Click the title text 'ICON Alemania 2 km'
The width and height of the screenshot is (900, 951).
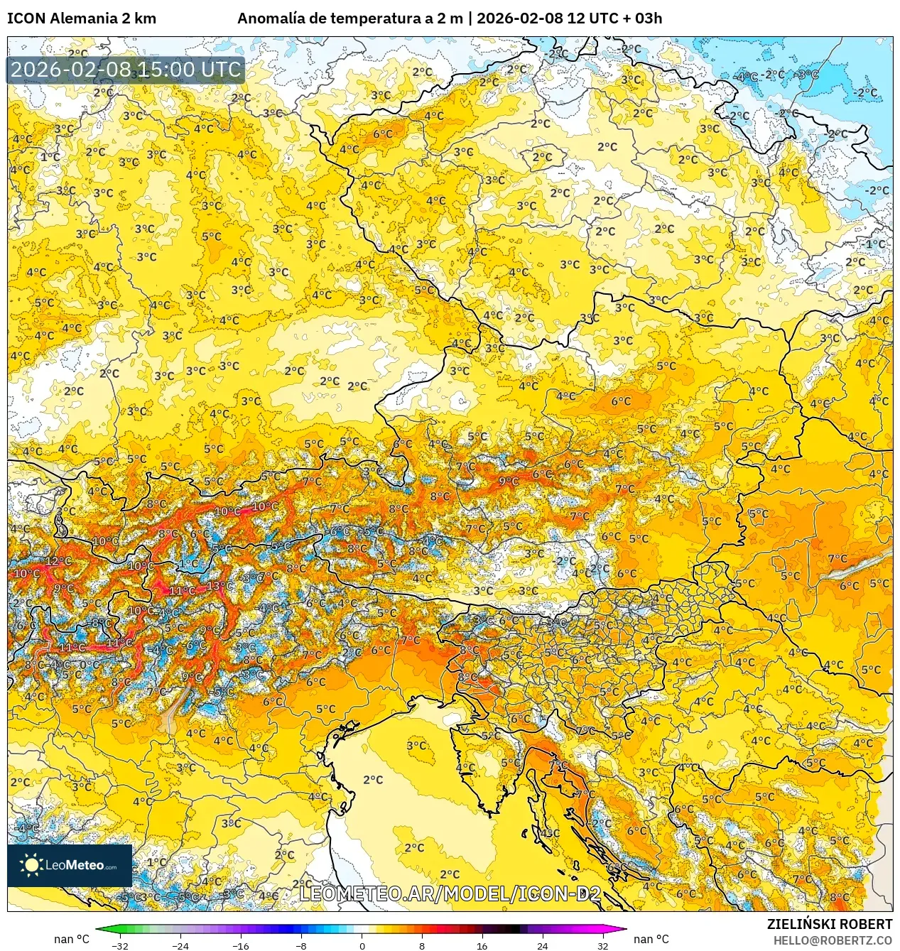click(x=82, y=18)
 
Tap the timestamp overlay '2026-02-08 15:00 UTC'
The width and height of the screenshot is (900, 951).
click(x=126, y=70)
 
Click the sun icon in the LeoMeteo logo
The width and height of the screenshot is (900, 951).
click(x=32, y=864)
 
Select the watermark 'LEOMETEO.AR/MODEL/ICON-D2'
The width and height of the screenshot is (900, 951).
click(x=450, y=893)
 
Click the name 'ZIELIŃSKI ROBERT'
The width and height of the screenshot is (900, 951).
click(x=829, y=924)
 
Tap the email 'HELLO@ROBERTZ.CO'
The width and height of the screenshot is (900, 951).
click(x=833, y=940)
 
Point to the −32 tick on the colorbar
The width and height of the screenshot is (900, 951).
click(x=120, y=945)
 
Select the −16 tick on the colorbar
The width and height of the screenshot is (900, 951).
click(x=241, y=945)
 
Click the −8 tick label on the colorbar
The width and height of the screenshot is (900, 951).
click(x=301, y=945)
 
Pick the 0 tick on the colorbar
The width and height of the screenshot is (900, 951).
click(x=362, y=945)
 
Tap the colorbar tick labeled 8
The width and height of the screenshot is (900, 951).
click(x=422, y=945)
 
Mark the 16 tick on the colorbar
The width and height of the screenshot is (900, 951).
click(x=482, y=945)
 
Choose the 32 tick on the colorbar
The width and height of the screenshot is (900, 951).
click(x=603, y=945)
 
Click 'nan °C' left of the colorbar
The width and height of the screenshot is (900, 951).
click(x=72, y=939)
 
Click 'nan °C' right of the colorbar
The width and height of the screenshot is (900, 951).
click(x=651, y=939)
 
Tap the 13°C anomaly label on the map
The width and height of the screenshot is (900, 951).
click(x=219, y=586)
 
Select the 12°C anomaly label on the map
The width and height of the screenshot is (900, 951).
click(x=58, y=561)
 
